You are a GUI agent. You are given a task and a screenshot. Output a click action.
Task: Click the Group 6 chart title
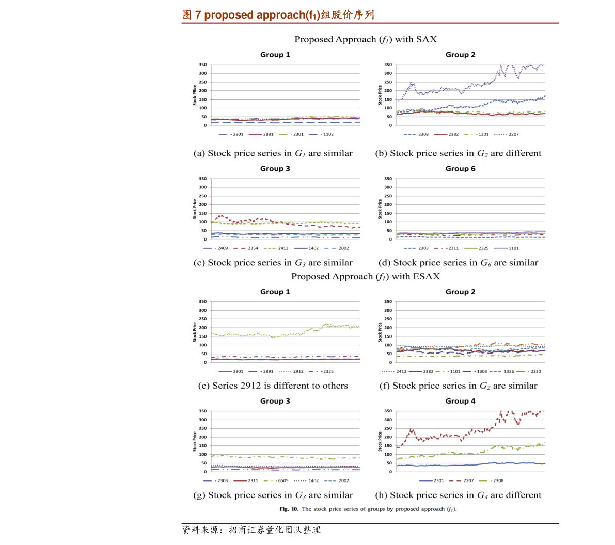pos(460,169)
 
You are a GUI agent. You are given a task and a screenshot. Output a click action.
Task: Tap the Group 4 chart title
pos(460,401)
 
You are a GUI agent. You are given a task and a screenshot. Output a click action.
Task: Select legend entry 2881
pos(261,134)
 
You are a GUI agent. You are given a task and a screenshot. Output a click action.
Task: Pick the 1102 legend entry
pos(321,134)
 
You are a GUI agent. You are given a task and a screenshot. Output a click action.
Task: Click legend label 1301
pos(477,134)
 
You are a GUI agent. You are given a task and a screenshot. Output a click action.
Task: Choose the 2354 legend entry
pos(246,248)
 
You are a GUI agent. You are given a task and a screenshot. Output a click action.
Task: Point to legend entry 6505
pos(276,480)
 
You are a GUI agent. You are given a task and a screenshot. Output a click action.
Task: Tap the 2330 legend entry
pos(529,371)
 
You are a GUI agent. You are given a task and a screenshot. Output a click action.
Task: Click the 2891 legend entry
pos(261,371)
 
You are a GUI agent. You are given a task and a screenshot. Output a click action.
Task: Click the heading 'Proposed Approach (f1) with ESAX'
pos(366,277)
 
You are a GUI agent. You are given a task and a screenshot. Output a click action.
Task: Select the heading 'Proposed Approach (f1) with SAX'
pos(366,40)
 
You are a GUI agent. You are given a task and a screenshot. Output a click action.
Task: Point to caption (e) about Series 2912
pos(273,386)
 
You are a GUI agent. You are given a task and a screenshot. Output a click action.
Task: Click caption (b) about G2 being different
pos(458,153)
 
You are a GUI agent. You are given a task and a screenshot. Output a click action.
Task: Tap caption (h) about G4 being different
pos(458,495)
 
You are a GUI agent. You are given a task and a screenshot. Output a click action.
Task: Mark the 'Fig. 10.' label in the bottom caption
pos(289,509)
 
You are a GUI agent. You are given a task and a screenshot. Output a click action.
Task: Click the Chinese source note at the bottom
pos(251,530)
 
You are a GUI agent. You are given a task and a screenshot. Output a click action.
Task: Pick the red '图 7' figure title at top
pos(278,15)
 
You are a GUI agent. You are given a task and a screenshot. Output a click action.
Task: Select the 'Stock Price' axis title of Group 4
pos(380,441)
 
